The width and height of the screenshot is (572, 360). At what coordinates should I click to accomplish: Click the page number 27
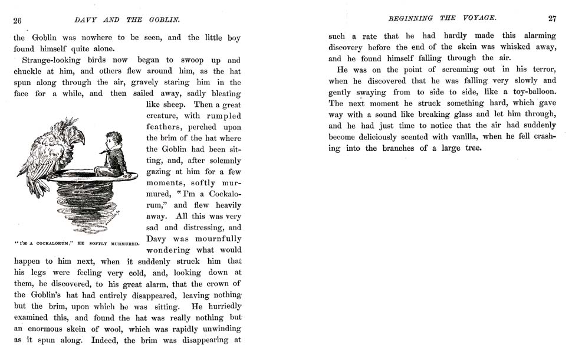[x=552, y=18]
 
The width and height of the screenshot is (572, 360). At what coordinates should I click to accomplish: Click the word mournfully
[x=215, y=238]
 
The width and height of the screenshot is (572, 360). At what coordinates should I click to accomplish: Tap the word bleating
[x=222, y=93]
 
